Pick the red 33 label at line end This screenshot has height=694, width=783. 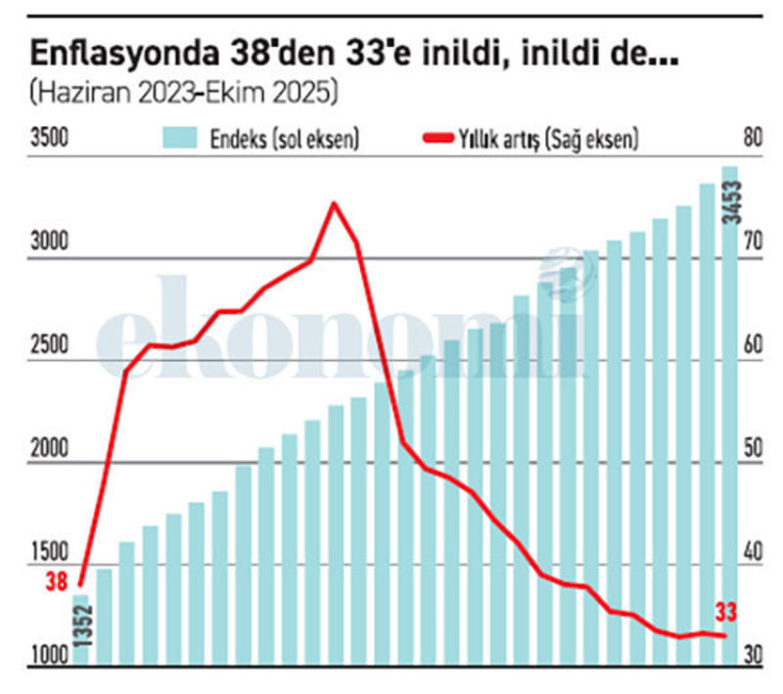coord(725,614)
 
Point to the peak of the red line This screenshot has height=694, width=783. coord(334,204)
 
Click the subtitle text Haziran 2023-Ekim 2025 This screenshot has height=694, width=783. coord(184,93)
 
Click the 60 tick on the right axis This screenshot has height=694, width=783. coord(752,346)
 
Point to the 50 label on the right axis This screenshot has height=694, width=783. coord(752,449)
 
